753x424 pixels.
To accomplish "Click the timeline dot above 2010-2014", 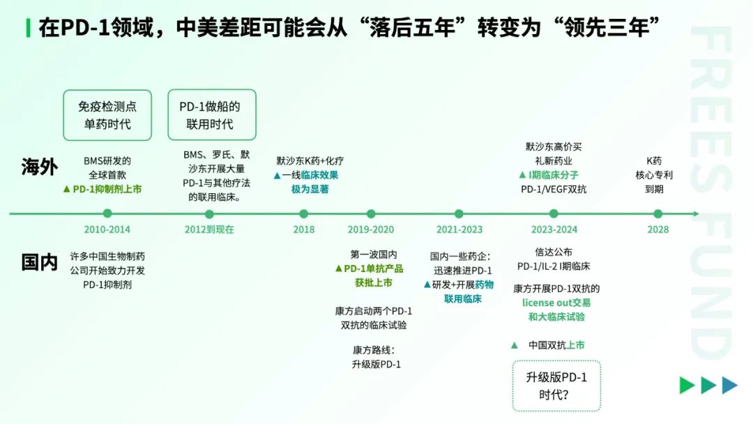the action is coord(107,213).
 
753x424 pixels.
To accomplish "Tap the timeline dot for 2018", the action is coord(303,213).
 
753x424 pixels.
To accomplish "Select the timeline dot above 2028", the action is coord(658,213).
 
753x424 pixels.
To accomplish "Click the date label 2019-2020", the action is coord(371,229).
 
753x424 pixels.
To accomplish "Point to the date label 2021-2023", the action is coord(459,229).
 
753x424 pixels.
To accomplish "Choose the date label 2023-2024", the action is coord(554,229).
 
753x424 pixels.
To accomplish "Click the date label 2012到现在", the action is coord(209,229).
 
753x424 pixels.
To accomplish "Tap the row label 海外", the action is coord(39,167).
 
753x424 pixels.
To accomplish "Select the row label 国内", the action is coord(39,263).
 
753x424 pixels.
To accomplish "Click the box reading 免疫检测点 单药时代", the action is coord(107,115).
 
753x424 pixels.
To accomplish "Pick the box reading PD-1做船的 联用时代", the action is coord(212,115).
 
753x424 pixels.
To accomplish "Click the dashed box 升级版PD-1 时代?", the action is coord(556,386).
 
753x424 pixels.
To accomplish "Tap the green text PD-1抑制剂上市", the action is coord(107,189).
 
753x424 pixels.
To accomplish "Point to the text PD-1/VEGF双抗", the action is coord(554,189).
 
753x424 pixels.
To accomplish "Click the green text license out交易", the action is coord(556,303).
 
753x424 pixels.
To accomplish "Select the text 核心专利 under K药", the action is coord(654,175).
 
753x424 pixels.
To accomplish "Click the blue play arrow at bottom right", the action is coord(730,385).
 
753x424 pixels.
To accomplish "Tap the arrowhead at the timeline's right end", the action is coord(697,213).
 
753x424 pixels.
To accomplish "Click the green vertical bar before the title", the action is coord(29,28).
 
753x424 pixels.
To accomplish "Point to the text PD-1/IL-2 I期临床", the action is coord(554,266).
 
